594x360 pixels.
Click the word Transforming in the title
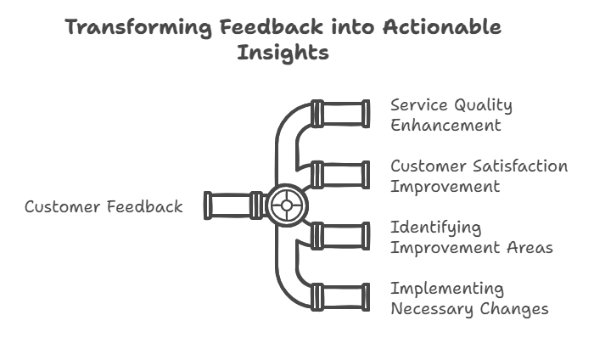tap(138, 28)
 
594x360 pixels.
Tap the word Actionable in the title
tap(442, 26)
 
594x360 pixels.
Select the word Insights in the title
tap(283, 53)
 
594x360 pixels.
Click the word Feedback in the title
tap(272, 26)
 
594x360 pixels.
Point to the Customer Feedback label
tap(104, 207)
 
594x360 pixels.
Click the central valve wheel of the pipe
tap(287, 205)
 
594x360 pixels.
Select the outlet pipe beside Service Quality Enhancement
tap(340, 114)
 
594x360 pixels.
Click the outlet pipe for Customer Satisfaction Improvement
tap(340, 175)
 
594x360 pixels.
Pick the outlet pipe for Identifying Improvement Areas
tap(340, 236)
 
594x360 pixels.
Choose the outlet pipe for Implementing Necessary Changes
tap(340, 297)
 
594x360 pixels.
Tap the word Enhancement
tap(445, 125)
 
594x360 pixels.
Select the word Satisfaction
tap(520, 166)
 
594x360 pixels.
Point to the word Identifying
tap(436, 228)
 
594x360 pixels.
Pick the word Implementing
tap(447, 290)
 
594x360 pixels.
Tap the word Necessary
tap(432, 309)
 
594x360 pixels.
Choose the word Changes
tap(514, 309)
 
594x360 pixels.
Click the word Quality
tap(483, 106)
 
